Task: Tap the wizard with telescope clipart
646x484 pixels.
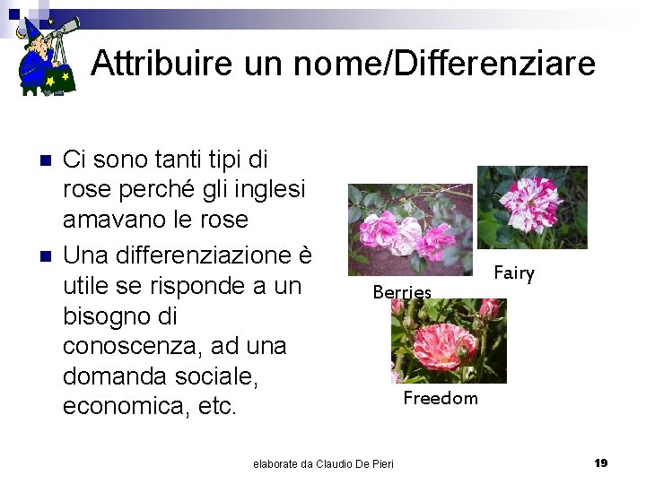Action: tap(47, 54)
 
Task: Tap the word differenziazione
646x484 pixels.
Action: tap(216, 255)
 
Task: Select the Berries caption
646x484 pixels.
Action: tap(402, 291)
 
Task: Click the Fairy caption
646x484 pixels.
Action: tap(514, 272)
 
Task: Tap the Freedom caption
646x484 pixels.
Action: tap(441, 397)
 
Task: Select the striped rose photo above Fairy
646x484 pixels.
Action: tap(532, 207)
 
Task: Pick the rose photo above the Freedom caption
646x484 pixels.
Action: tap(449, 341)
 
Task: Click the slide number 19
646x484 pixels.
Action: tap(601, 462)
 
